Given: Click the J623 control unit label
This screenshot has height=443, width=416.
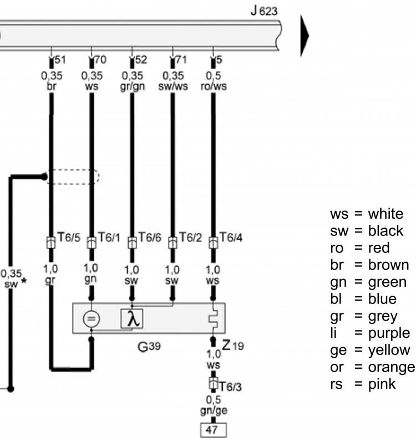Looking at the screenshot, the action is [264, 11].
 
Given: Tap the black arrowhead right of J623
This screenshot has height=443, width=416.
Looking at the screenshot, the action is [305, 36].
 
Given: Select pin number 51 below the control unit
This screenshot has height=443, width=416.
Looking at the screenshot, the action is [60, 60].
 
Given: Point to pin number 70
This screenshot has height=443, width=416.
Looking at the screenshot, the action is [100, 60].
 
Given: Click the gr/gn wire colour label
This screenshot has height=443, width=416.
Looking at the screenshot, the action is [133, 86].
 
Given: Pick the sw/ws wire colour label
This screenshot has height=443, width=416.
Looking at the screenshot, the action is [173, 86].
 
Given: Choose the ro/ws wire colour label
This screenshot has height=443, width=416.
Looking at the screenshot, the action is [214, 86].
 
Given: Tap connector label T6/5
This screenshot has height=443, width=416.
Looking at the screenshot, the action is [69, 238].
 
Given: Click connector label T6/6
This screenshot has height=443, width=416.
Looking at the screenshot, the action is [150, 238].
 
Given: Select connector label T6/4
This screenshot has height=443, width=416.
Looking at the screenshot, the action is [231, 238].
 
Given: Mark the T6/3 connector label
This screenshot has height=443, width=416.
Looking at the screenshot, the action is [230, 387].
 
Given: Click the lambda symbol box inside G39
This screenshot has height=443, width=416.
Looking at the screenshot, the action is [132, 319].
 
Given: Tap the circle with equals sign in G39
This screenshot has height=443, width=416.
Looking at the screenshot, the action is [91, 319].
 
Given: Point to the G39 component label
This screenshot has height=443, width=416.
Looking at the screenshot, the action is [149, 346].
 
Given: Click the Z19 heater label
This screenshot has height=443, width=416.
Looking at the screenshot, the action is [232, 345].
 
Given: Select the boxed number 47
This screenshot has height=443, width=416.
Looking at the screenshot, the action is [214, 430].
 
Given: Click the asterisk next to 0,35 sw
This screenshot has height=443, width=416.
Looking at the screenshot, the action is [24, 281].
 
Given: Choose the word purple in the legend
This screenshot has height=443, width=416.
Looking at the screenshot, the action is [389, 333].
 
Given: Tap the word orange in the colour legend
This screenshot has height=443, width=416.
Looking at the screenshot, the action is [392, 367].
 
